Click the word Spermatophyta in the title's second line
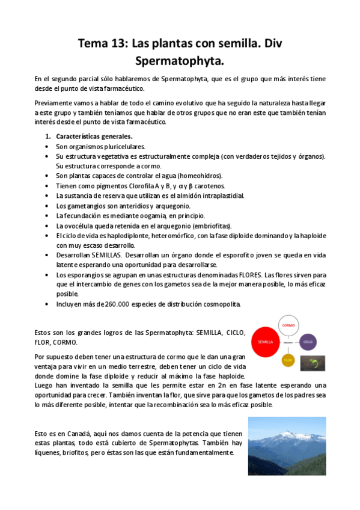pyautogui.click(x=180, y=61)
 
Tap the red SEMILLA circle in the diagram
pyautogui.click(x=265, y=342)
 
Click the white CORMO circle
pyautogui.click(x=287, y=325)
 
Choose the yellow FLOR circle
pyautogui.click(x=288, y=360)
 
